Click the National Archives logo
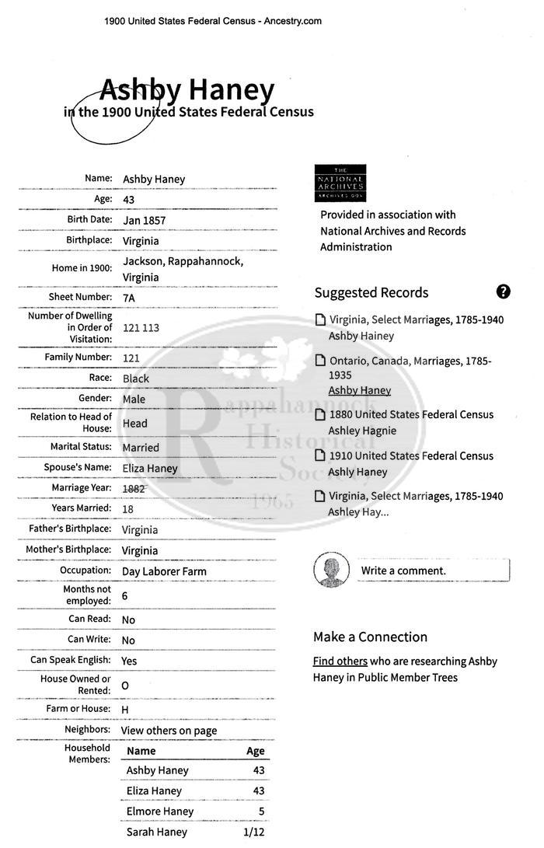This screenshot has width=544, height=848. [340, 183]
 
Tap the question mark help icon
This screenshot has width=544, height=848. [504, 291]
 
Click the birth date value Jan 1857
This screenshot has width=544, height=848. [144, 220]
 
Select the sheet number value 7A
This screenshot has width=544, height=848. [130, 298]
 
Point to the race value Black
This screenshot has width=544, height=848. [136, 379]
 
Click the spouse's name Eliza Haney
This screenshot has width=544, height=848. [150, 468]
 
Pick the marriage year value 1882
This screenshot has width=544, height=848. [134, 488]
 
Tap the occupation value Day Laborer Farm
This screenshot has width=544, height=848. [164, 571]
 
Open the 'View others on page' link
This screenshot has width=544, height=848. [169, 731]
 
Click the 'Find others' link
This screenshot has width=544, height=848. [340, 661]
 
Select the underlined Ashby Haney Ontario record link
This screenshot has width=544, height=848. [359, 390]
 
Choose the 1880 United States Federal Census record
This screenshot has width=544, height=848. [411, 414]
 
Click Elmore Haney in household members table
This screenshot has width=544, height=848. [160, 811]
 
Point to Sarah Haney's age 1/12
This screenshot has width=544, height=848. [254, 832]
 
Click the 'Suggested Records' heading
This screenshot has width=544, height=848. [371, 293]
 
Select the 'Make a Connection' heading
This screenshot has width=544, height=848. [370, 637]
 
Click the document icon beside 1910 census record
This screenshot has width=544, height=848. [319, 455]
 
